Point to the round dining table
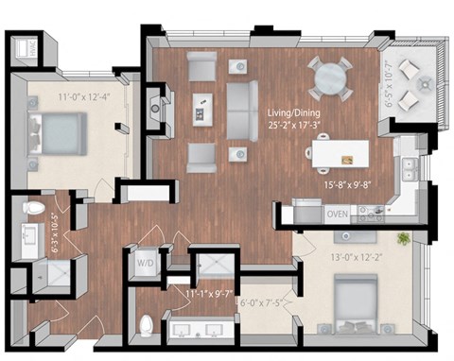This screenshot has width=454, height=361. point(331,77)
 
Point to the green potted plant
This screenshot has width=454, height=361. point(403,238)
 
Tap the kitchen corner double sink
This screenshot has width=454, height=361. point(410,170)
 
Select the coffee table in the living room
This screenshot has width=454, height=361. point(201,108)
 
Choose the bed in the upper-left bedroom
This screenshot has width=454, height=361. point(59,130)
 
